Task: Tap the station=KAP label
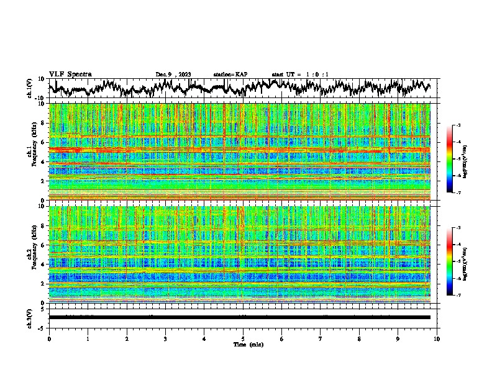pos(230,75)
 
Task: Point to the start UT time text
pos(300,75)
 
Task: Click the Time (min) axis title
pos(243,344)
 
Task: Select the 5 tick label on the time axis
pos(243,338)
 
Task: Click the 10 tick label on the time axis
pos(437,338)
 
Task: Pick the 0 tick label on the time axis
pos(49,338)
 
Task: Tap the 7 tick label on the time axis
pos(321,338)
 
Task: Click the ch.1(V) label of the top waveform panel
pos(30,88)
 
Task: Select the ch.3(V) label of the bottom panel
pos(30,317)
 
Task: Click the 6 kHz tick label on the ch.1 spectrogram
pos(42,142)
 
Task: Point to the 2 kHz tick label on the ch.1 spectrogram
pos(42,181)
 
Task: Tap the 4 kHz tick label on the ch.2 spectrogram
pos(42,265)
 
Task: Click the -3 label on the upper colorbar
pos(458,125)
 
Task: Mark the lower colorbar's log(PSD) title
pos(465,261)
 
